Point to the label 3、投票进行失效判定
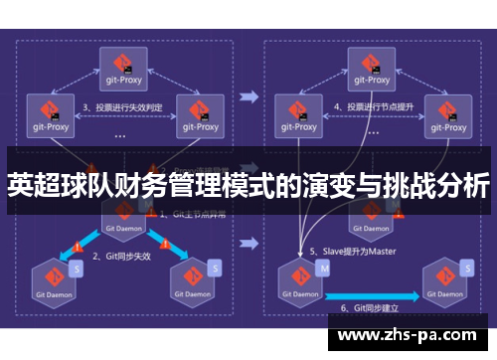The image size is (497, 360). coord(122,105)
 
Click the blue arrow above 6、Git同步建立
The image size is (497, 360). coord(373,286)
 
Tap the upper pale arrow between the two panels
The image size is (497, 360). coord(248,96)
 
